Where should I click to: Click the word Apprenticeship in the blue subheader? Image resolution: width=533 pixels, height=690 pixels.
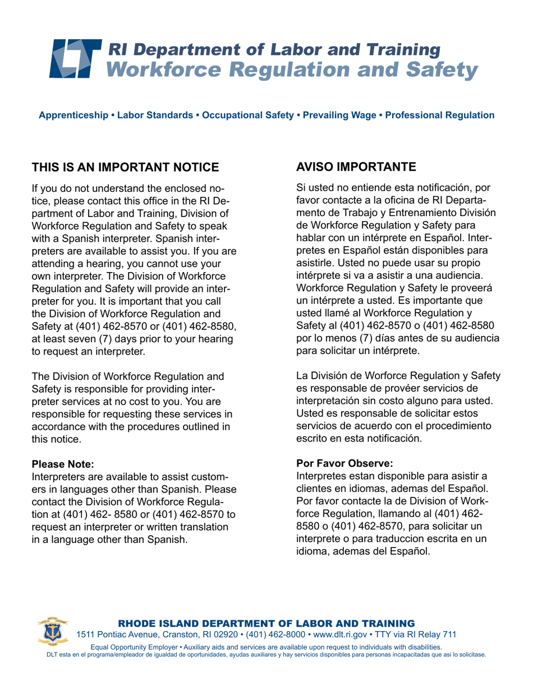pos(73,116)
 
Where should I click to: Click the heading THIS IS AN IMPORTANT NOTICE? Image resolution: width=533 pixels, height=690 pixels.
pos(125,167)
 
